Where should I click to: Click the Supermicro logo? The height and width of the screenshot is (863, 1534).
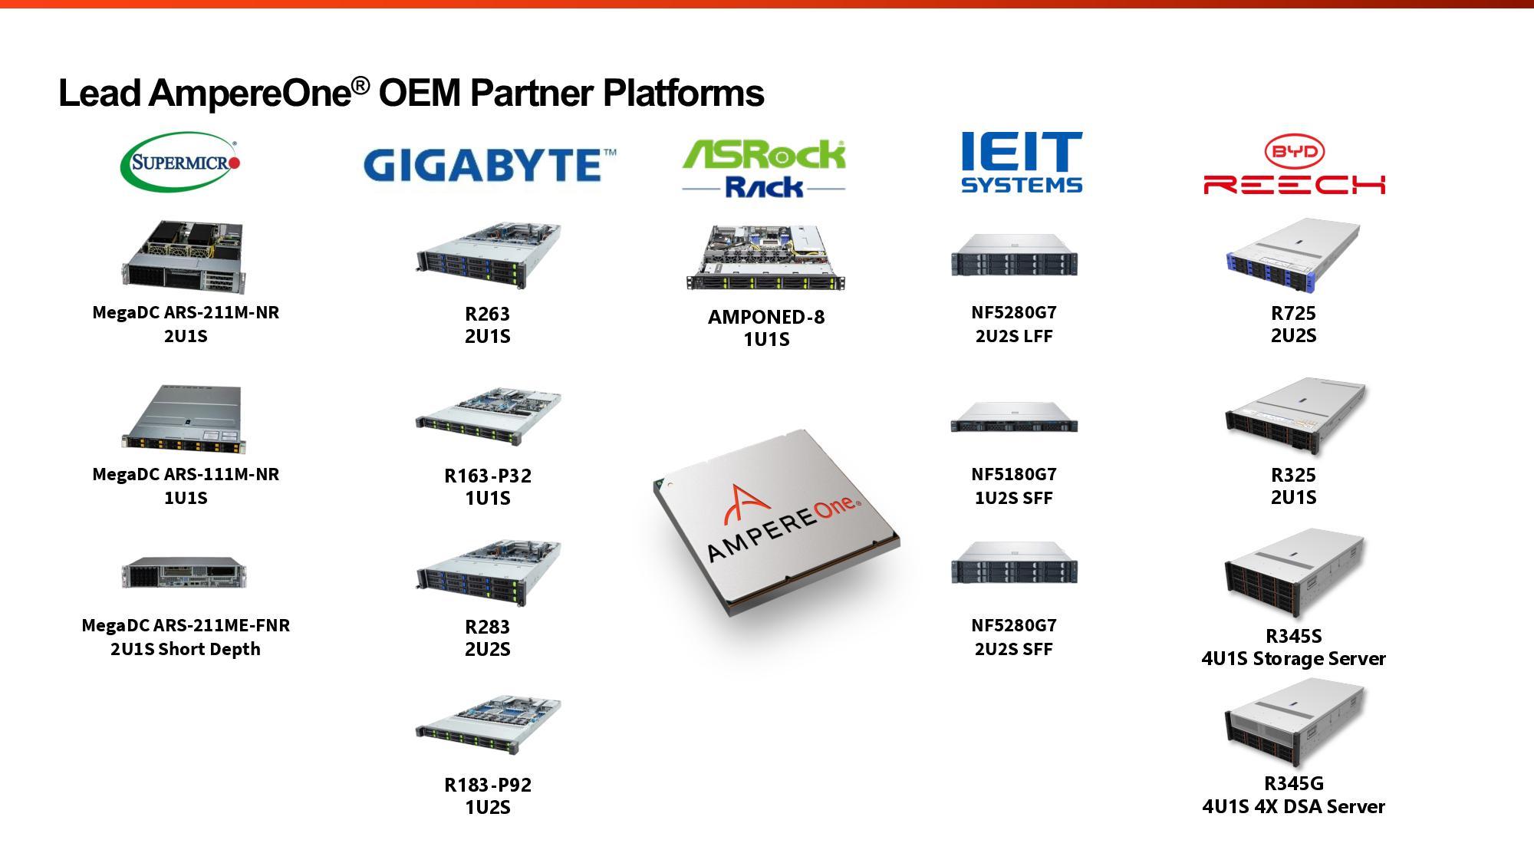point(181,163)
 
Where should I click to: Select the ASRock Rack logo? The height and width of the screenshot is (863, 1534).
point(764,168)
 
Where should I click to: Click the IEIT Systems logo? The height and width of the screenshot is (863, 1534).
point(1021,163)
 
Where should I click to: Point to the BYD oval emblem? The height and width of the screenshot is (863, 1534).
point(1294,151)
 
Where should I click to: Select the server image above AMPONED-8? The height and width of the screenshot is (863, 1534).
point(765,258)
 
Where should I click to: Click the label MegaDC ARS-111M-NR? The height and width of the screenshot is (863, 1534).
point(186,474)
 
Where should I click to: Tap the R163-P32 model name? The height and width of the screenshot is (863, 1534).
point(488,476)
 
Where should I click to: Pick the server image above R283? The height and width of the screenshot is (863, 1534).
point(488,572)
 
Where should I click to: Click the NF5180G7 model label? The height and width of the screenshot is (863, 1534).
point(1013,474)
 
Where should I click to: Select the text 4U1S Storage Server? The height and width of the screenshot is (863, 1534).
point(1293,659)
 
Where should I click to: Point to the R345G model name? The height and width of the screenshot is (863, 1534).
point(1293,783)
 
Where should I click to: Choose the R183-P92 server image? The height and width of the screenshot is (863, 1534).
point(488,726)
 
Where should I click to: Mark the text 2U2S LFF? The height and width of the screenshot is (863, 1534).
point(1013,336)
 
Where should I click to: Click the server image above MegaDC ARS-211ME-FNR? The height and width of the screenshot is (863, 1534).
point(184,573)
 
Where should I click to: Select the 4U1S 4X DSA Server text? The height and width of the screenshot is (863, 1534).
point(1293,807)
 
